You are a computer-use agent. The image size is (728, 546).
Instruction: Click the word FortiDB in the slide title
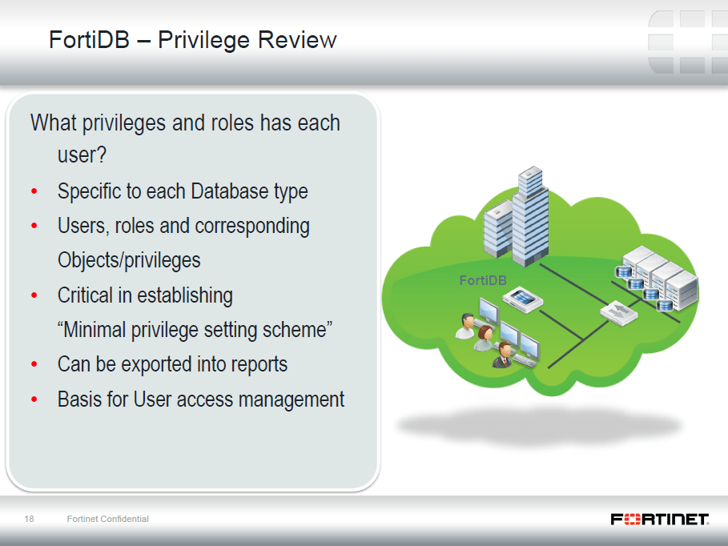tap(89, 39)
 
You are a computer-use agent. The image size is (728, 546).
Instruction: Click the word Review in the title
tap(297, 39)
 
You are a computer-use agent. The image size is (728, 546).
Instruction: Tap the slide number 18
tap(30, 519)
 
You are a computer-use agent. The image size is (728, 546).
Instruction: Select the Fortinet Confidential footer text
tap(107, 519)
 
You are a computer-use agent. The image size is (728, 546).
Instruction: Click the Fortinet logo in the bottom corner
tap(660, 519)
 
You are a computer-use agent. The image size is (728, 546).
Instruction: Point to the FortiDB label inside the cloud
tap(483, 280)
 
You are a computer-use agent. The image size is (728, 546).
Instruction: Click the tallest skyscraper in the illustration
tap(530, 216)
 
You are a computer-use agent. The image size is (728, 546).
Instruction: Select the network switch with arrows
tap(618, 312)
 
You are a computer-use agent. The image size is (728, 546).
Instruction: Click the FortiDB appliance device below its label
tap(523, 299)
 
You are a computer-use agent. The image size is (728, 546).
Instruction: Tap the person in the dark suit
tap(502, 355)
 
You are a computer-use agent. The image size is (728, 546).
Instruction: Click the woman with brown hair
tap(484, 338)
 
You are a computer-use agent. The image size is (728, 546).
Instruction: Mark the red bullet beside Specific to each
tap(34, 191)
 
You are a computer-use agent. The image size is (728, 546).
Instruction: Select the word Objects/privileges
tap(129, 260)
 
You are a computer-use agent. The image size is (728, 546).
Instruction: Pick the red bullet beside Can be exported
tap(34, 364)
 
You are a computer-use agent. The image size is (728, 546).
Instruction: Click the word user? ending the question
tap(82, 155)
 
